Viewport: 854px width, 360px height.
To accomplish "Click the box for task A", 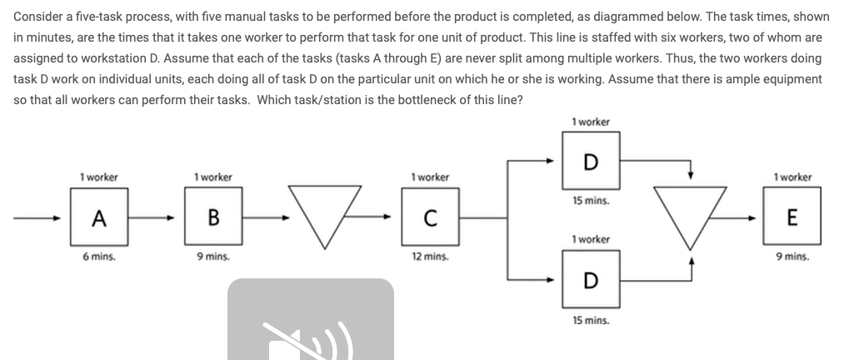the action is [99, 217].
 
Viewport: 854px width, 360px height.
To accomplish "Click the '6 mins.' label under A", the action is [99, 257].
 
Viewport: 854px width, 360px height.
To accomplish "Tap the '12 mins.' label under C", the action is [429, 257].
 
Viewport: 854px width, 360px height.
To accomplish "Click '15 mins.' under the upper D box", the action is [590, 201].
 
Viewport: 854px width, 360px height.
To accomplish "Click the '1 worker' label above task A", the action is [99, 177].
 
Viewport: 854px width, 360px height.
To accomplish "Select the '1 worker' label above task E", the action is [792, 177].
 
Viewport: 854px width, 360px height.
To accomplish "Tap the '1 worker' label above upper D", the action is [590, 122].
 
